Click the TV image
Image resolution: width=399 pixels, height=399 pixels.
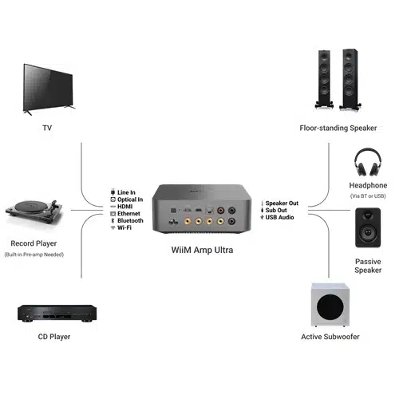pyautogui.click(x=48, y=89)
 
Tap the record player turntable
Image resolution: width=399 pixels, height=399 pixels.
pyautogui.click(x=34, y=211)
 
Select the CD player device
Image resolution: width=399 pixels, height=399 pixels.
pyautogui.click(x=57, y=314)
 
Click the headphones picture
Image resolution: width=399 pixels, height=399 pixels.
pyautogui.click(x=368, y=162)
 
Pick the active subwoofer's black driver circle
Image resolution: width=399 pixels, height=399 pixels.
pyautogui.click(x=330, y=306)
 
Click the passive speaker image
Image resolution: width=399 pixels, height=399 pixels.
pyautogui.click(x=368, y=227)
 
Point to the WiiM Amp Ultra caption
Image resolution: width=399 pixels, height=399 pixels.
pyautogui.click(x=202, y=250)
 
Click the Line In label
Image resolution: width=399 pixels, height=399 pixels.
pyautogui.click(x=126, y=192)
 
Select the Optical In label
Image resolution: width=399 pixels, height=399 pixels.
pyautogui.click(x=130, y=199)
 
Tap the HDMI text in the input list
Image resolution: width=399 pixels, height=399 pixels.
pyautogui.click(x=125, y=207)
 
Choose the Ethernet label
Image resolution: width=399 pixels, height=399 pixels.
pyautogui.click(x=128, y=214)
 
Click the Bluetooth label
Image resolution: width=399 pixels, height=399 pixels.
pyautogui.click(x=130, y=220)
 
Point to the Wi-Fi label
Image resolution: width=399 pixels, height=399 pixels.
pyautogui.click(x=124, y=227)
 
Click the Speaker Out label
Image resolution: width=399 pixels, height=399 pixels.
pyautogui.click(x=282, y=203)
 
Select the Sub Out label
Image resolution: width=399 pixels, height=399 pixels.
pyautogui.click(x=276, y=210)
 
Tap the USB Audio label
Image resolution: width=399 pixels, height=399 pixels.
pyautogui.click(x=279, y=217)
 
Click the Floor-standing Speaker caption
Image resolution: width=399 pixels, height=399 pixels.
pyautogui.click(x=338, y=128)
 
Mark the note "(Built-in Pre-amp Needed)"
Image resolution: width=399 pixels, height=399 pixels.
pyautogui.click(x=34, y=255)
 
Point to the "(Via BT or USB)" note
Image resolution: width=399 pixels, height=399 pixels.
pyautogui.click(x=368, y=196)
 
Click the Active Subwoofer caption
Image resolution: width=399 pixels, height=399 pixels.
pyautogui.click(x=330, y=337)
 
